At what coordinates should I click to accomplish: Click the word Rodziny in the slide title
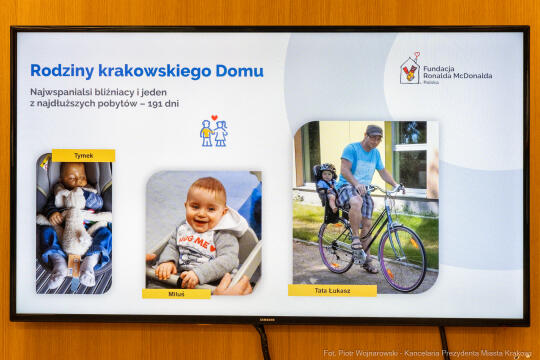[57, 71]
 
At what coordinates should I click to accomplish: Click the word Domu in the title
[243, 71]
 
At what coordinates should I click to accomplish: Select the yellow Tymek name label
[83, 156]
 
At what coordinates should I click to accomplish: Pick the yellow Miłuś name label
[176, 294]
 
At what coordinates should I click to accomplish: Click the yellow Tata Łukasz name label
[332, 291]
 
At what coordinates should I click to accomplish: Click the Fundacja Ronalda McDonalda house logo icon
[410, 70]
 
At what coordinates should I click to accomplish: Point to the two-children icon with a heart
[213, 131]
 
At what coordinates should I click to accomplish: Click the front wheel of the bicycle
[402, 258]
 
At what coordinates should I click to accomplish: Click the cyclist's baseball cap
[374, 131]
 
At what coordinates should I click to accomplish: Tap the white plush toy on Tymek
[72, 216]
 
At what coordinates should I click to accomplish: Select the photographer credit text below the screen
[429, 353]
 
